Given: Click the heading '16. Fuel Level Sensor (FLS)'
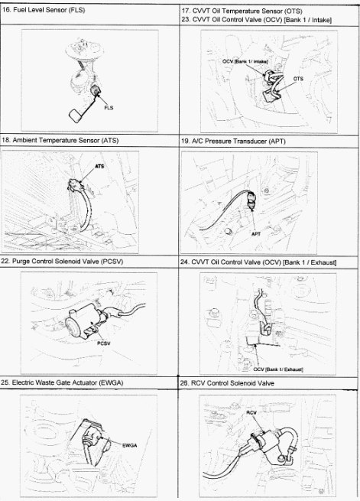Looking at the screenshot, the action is [x=44, y=10].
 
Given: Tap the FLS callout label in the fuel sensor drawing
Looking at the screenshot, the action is [x=109, y=108].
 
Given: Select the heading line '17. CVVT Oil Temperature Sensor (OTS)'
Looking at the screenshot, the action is [x=242, y=11].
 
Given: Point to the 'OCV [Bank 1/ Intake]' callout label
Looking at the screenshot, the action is [x=245, y=61].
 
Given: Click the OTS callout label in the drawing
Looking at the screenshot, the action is [x=298, y=79].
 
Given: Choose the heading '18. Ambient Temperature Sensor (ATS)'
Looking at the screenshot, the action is [x=60, y=140].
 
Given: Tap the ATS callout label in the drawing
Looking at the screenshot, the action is [x=99, y=167].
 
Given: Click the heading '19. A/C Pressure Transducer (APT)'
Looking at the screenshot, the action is [x=233, y=142].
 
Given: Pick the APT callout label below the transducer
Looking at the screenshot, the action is [x=256, y=234].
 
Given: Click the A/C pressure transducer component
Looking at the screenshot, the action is [x=251, y=201].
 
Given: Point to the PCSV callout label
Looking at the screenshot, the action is [x=104, y=343].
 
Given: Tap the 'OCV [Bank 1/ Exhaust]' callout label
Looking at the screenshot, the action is [x=278, y=369].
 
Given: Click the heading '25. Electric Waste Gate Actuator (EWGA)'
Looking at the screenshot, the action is [x=62, y=382].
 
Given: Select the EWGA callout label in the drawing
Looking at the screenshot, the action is [x=130, y=445].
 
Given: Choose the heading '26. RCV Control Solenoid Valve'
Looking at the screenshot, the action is [x=227, y=383].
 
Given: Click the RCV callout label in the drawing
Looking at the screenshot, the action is [x=251, y=413].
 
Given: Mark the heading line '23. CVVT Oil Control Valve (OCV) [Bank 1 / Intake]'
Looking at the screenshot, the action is [x=257, y=20].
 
